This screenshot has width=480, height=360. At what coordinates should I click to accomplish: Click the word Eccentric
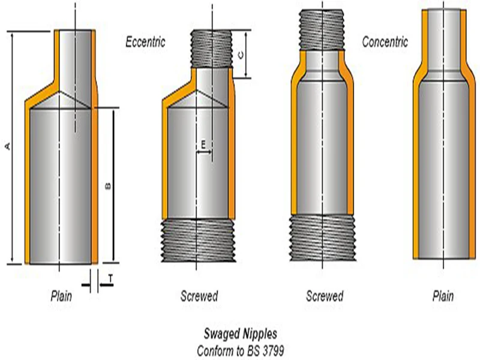click(x=145, y=41)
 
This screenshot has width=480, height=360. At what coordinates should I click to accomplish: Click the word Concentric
click(x=385, y=41)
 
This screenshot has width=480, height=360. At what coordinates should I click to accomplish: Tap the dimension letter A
click(x=8, y=146)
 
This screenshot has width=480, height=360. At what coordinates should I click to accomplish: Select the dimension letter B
click(x=108, y=186)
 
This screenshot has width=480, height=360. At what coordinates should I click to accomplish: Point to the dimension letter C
click(x=241, y=55)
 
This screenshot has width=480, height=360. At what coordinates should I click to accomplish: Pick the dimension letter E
click(x=203, y=144)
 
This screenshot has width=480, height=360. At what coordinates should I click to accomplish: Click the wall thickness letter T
click(x=110, y=278)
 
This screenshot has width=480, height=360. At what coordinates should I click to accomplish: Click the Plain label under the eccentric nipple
click(x=61, y=296)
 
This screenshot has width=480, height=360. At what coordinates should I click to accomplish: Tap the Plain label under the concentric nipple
click(x=443, y=296)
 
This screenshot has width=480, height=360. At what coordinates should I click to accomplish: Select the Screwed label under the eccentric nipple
click(x=199, y=296)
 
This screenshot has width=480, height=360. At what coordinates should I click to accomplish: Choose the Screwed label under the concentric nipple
click(x=325, y=296)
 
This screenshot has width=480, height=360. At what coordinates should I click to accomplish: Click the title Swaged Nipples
click(x=241, y=334)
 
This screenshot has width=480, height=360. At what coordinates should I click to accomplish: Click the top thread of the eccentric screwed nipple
click(x=211, y=49)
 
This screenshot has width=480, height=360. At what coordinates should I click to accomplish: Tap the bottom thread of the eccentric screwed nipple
click(x=199, y=241)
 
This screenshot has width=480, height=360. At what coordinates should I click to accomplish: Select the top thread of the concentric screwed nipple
click(x=322, y=29)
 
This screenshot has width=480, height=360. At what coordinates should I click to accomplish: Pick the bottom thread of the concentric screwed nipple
click(x=323, y=238)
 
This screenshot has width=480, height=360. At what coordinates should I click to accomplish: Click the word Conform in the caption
click(x=212, y=350)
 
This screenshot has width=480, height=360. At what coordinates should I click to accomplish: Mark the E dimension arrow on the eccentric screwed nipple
click(x=204, y=152)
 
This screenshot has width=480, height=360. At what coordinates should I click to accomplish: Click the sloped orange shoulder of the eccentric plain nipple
click(x=42, y=95)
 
